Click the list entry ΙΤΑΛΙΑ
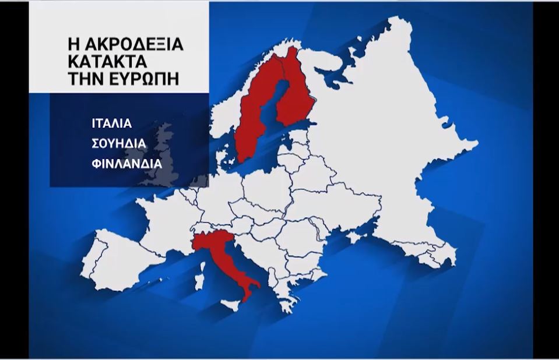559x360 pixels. (x=112, y=124)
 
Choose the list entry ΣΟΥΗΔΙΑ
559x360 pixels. (x=118, y=143)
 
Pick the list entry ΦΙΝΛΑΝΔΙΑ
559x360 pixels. (x=126, y=163)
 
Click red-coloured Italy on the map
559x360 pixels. (x=224, y=262)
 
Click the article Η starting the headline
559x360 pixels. (x=73, y=45)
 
